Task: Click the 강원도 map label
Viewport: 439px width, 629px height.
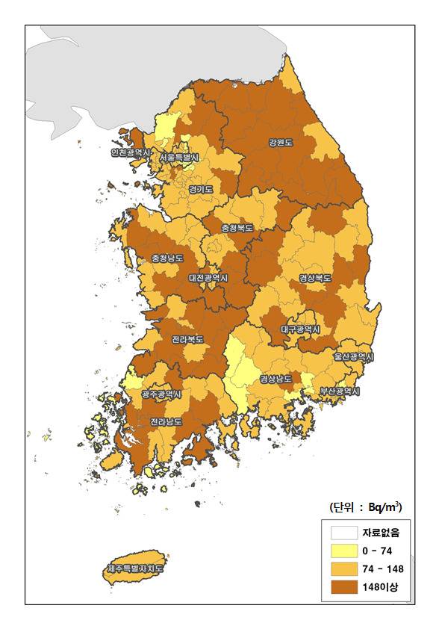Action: [281, 142]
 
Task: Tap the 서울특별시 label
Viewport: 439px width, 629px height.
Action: [178, 158]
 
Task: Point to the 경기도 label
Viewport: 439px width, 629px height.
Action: [201, 189]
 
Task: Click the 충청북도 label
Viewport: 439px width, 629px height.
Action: [237, 227]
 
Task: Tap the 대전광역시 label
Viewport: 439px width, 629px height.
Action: [208, 278]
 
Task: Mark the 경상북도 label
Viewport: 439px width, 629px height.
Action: [315, 278]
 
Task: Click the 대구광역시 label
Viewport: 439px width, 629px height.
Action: [300, 329]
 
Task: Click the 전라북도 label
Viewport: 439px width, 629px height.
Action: [187, 339]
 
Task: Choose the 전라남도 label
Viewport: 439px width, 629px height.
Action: [166, 421]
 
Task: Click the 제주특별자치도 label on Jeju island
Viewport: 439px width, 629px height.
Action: [135, 569]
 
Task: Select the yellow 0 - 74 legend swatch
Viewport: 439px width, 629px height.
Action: [343, 551]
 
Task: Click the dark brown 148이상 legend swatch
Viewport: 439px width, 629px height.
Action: [343, 587]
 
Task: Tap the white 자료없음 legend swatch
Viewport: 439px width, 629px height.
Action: [343, 533]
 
